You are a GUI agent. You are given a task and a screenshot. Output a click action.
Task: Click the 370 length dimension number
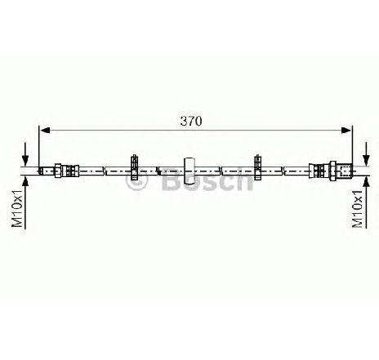(x=191, y=121)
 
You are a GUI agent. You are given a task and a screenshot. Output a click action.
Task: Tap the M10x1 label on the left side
(x=17, y=209)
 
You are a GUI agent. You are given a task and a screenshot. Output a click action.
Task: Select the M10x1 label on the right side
(x=358, y=209)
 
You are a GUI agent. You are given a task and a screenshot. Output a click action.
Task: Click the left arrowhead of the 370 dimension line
(x=46, y=131)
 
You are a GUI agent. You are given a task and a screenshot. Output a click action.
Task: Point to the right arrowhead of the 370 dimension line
(x=346, y=131)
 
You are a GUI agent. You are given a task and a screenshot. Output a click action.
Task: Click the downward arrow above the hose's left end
(x=25, y=153)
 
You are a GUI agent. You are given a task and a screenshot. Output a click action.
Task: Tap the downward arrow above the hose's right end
(x=367, y=153)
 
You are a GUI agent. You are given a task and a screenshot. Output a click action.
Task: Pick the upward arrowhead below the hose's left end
(x=25, y=181)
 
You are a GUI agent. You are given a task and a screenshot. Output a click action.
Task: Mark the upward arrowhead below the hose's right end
(x=367, y=181)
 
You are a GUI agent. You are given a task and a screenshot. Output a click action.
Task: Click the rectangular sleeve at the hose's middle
(x=189, y=171)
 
